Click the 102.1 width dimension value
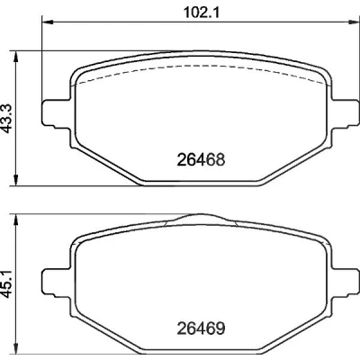pyautogui.click(x=202, y=13)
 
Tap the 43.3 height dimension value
pyautogui.click(x=8, y=118)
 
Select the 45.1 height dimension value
pyautogui.click(x=8, y=283)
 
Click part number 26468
pyautogui.click(x=201, y=159)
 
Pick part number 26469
pyautogui.click(x=201, y=328)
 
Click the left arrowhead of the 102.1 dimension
pyautogui.click(x=47, y=22)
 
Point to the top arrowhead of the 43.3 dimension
pyautogui.click(x=15, y=57)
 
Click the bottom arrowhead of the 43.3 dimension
pyautogui.click(x=15, y=180)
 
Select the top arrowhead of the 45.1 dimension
pyautogui.click(x=15, y=220)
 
